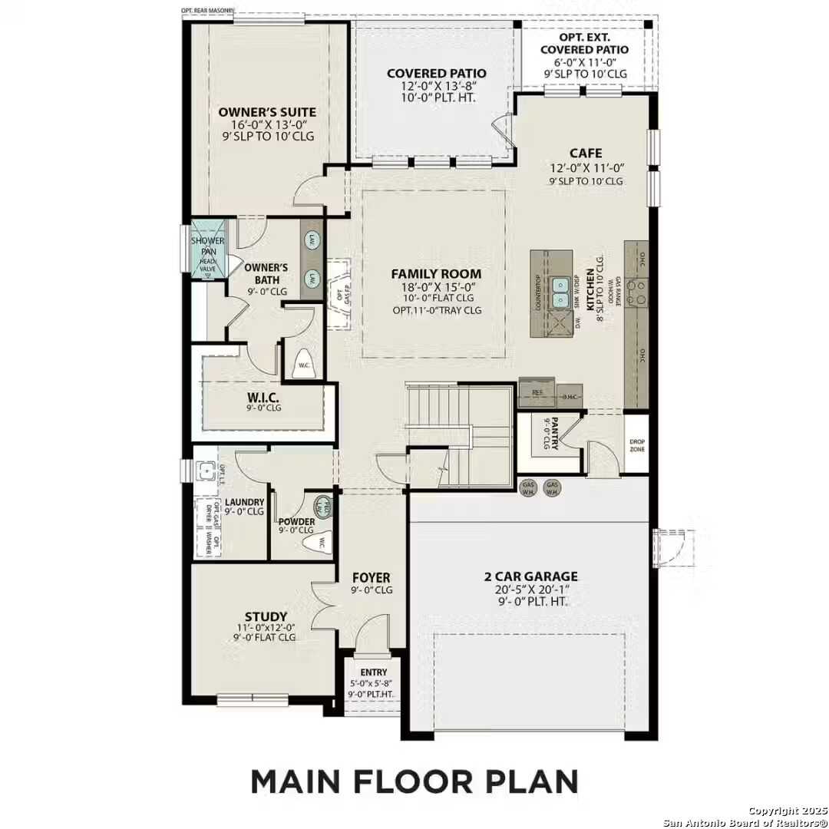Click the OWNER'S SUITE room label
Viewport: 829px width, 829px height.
pos(266,112)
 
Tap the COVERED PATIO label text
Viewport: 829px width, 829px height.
pos(436,73)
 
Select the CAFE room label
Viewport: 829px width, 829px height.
pos(585,153)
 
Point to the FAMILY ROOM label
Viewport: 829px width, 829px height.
pos(436,273)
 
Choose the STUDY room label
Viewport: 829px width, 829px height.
pos(266,616)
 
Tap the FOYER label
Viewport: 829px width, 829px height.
pos(372,577)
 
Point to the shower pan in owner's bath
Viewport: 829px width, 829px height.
pos(207,248)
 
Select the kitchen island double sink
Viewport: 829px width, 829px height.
pos(562,290)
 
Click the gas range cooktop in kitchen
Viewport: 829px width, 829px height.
pos(637,290)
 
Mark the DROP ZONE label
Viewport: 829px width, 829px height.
pos(636,445)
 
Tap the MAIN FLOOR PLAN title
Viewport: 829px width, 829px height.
pos(414,781)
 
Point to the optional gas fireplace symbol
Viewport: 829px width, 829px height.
pos(337,294)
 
